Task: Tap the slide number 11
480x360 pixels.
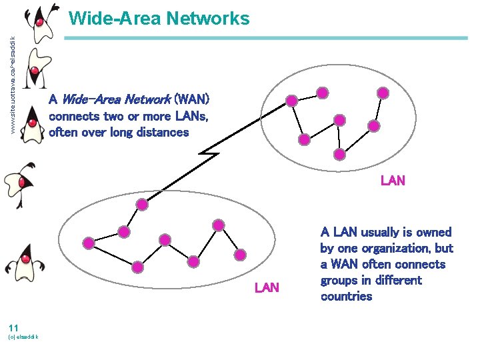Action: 13,327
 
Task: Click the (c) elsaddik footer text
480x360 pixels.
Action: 23,337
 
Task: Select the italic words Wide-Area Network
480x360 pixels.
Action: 115,100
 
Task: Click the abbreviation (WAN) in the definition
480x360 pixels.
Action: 191,100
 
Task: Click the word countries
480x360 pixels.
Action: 346,296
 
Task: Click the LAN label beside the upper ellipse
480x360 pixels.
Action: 393,180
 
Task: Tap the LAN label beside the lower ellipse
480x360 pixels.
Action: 267,287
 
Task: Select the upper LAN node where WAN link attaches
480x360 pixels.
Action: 291,101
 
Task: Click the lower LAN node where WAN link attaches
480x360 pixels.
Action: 123,231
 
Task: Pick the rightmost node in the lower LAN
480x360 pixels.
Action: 241,254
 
